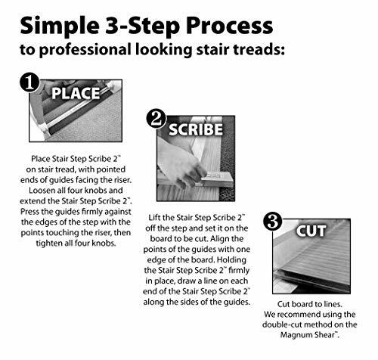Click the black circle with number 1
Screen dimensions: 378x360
(x=29, y=82)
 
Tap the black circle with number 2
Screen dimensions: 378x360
(x=156, y=118)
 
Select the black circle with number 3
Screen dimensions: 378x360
(x=272, y=221)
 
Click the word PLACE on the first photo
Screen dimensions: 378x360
(x=76, y=93)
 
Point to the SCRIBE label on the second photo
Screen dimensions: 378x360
(x=196, y=129)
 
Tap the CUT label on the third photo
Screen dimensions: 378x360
(x=311, y=231)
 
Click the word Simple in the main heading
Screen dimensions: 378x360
(x=60, y=26)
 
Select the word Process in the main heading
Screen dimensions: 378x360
(x=230, y=26)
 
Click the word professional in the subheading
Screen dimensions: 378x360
(x=85, y=49)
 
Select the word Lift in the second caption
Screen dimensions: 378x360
(x=153, y=217)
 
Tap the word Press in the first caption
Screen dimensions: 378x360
(x=29, y=211)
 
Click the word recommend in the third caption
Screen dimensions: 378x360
(x=299, y=315)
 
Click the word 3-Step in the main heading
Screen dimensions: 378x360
(x=142, y=26)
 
